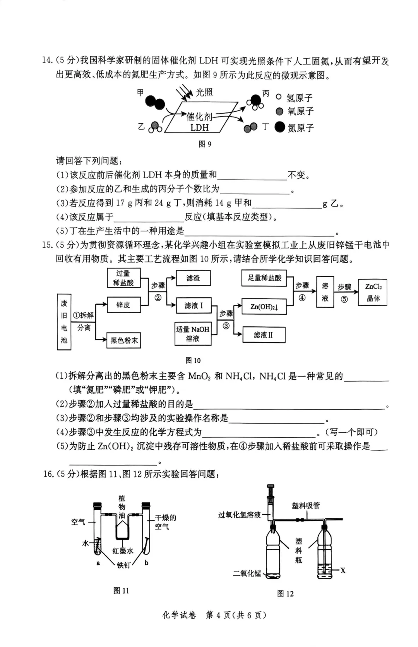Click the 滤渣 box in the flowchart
(193, 278)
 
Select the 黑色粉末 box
(124, 340)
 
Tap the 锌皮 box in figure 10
(123, 305)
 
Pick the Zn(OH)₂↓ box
(264, 307)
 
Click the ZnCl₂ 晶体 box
(373, 292)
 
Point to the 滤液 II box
(264, 335)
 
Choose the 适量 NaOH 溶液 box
(193, 333)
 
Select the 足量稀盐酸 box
(265, 278)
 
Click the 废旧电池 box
(64, 322)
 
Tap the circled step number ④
(302, 298)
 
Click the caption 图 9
(205, 144)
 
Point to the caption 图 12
(285, 594)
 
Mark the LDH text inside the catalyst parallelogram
(199, 128)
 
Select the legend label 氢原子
(300, 98)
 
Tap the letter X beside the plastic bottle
(343, 570)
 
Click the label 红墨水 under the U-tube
(123, 550)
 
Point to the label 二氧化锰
(247, 573)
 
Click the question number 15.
(47, 245)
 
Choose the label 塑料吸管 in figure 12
(306, 506)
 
